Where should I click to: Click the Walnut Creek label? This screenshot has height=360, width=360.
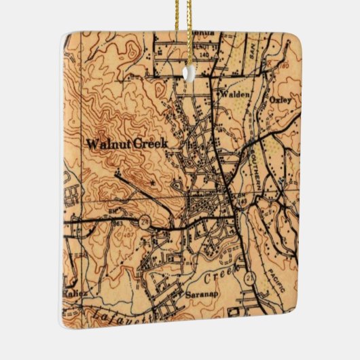click(126, 143)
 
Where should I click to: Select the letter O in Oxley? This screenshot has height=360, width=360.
click(271, 100)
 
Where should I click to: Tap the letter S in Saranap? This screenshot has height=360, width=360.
click(187, 295)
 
